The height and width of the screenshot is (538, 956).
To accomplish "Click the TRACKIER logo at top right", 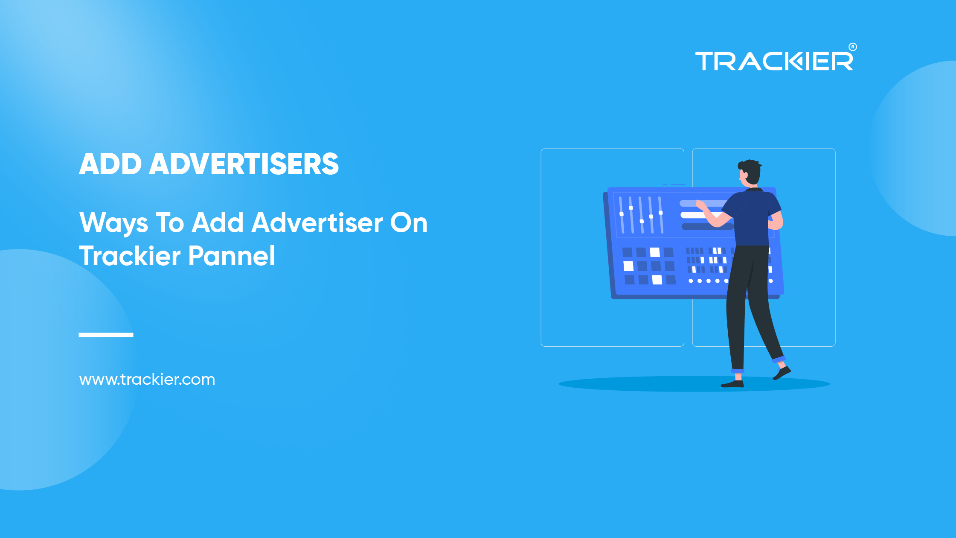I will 773,61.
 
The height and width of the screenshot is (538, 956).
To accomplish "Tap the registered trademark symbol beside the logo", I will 852,47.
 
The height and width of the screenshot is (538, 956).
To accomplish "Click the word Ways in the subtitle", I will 113,223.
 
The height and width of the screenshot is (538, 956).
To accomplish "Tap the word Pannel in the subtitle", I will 232,256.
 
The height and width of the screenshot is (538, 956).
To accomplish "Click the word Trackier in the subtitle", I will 130,256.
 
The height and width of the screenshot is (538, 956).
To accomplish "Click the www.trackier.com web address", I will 147,380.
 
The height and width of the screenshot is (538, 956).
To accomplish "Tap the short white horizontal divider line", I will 106,335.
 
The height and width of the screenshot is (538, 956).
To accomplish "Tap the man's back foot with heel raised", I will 782,373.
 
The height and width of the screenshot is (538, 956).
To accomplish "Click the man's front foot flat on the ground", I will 732,384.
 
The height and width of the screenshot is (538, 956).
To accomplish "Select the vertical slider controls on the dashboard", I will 641,215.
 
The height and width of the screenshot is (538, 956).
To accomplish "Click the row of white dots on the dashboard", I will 708,281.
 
